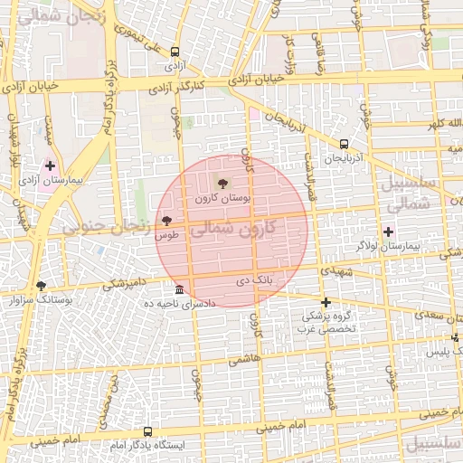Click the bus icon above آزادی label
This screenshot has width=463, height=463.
point(174,52)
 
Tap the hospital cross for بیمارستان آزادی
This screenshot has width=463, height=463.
point(50,166)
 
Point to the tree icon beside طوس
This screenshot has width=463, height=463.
point(165,220)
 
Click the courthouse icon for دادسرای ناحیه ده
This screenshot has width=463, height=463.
point(180,289)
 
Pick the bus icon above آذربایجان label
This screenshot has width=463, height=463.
point(344,144)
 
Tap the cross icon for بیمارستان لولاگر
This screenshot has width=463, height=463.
point(388,231)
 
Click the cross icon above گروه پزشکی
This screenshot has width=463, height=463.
point(326,302)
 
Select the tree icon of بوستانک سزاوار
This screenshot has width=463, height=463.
point(41,286)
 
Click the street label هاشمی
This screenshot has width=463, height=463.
point(242,359)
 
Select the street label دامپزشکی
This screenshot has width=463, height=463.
point(120,283)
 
